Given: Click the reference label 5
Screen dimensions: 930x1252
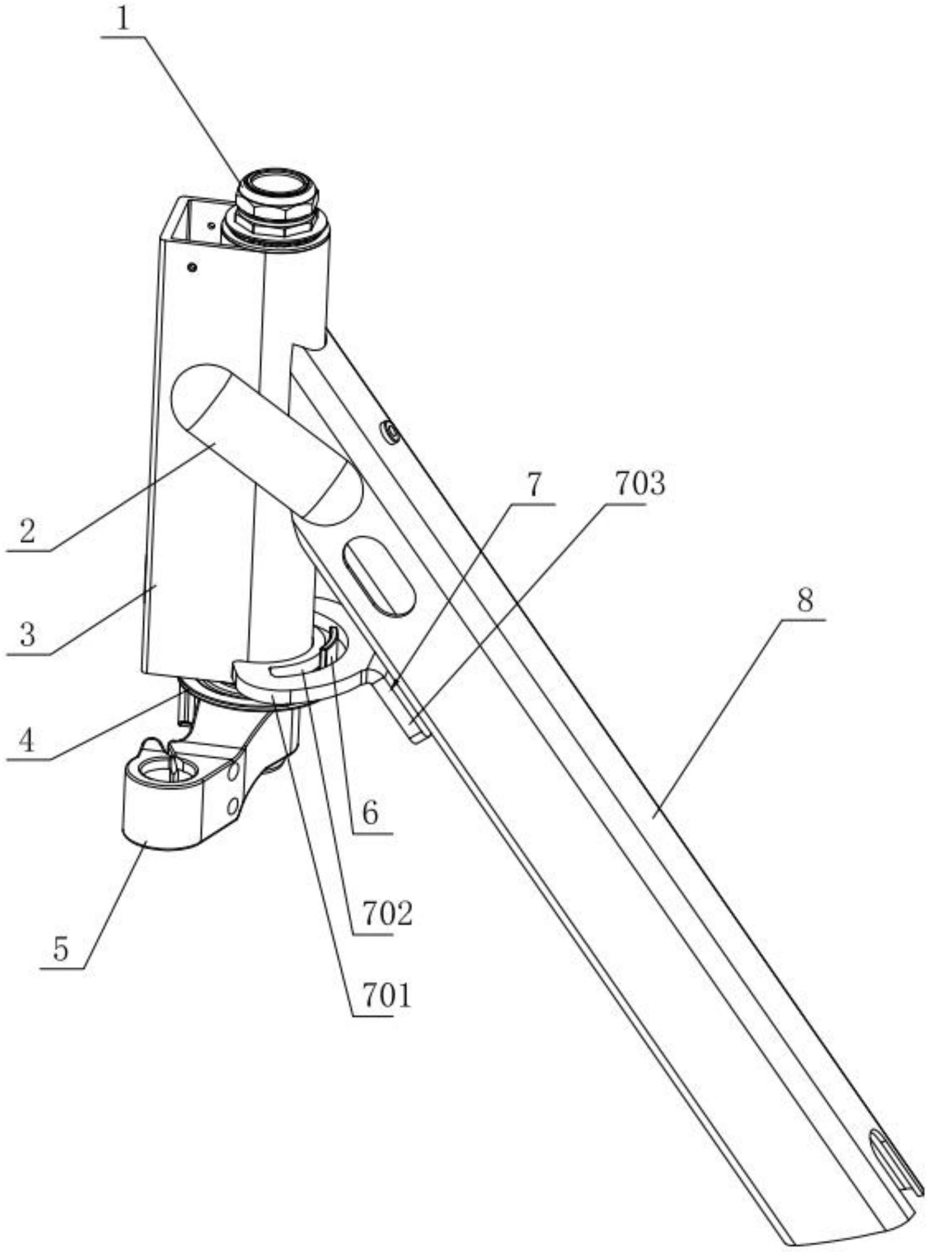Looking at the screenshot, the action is [60, 949].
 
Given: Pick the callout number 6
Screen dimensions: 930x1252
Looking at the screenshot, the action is [370, 813].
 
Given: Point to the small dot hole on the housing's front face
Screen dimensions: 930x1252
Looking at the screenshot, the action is [193, 267].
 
